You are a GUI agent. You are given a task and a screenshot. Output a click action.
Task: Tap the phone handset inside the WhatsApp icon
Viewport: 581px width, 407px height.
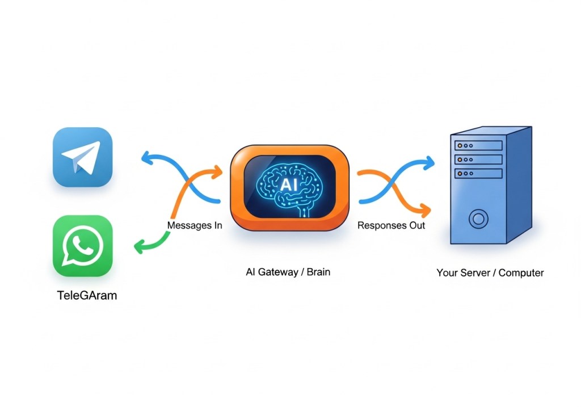click(83, 245)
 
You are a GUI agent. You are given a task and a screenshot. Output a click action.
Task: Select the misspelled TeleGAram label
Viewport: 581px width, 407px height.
click(87, 295)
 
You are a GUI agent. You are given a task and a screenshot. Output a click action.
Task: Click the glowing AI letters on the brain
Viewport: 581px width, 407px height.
click(289, 184)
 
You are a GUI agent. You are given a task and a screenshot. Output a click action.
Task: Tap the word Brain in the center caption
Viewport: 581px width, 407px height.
click(318, 272)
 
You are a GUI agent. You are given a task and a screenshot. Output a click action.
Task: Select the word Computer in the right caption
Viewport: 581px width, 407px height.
click(521, 273)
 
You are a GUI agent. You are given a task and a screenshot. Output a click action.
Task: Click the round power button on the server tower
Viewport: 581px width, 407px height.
click(478, 219)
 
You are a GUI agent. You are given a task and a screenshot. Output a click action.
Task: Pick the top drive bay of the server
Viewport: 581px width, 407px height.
click(478, 145)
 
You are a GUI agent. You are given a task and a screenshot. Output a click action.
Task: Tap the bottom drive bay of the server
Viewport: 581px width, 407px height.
click(478, 174)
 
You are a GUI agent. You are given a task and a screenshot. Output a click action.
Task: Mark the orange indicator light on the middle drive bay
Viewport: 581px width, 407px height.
click(460, 160)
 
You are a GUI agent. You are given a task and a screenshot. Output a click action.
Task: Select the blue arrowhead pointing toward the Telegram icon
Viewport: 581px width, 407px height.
click(146, 158)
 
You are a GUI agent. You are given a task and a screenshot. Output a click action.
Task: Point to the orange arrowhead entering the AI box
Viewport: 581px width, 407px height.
click(217, 172)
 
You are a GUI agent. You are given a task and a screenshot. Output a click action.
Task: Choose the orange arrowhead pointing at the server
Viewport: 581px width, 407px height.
click(426, 211)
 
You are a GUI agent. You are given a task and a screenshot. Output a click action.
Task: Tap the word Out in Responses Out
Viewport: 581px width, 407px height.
click(417, 225)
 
